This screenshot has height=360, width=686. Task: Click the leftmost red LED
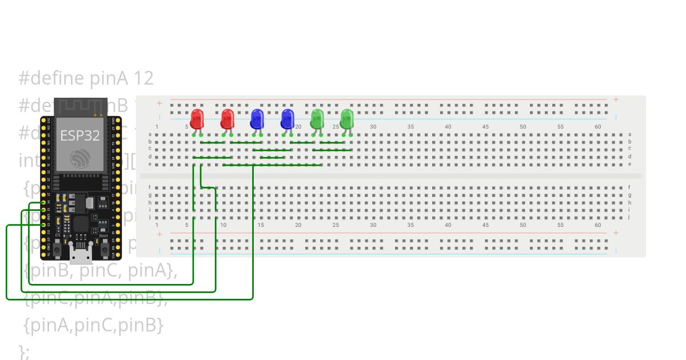coord(197,119)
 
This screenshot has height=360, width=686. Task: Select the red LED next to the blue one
coord(227,119)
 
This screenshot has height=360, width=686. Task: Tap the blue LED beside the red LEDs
coord(257,119)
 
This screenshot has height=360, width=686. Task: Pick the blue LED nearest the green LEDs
coord(287,119)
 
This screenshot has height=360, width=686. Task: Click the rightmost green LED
coord(347,119)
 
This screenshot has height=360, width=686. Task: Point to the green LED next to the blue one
coord(317,119)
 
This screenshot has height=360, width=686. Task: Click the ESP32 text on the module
coord(80,136)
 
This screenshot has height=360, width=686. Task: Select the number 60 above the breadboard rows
coord(598,127)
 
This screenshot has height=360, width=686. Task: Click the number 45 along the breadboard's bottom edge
coord(485,225)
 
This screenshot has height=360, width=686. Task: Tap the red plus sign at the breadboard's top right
coord(616,99)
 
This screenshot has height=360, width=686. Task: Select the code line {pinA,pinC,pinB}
coord(94,325)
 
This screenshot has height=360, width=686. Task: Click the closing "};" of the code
coord(24,351)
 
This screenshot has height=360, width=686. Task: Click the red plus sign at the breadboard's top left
coord(159,103)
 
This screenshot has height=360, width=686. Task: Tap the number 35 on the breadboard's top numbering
coord(410,127)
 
